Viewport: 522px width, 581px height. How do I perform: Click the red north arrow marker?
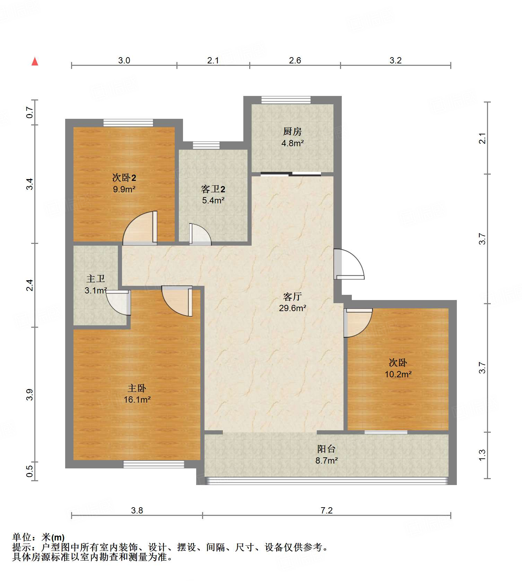pyautogui.click(x=35, y=61)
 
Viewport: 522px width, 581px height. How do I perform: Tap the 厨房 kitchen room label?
pyautogui.click(x=292, y=131)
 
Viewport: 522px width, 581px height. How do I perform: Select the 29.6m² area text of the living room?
pyautogui.click(x=292, y=308)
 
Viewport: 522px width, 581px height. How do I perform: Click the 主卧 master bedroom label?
pyautogui.click(x=137, y=388)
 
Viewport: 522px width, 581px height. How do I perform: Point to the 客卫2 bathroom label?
pyautogui.click(x=213, y=189)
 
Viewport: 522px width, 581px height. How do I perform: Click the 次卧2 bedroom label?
pyautogui.click(x=124, y=178)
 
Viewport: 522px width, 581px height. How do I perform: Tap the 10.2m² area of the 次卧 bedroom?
pyautogui.click(x=398, y=374)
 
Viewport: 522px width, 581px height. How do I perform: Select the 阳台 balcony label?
pyautogui.click(x=326, y=449)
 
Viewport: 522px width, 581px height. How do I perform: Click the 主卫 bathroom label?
pyautogui.click(x=95, y=279)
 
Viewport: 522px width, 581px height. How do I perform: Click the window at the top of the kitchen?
pyautogui.click(x=286, y=100)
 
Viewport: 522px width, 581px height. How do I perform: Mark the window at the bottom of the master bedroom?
pyautogui.click(x=154, y=464)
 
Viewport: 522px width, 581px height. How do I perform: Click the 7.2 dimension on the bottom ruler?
pyautogui.click(x=326, y=510)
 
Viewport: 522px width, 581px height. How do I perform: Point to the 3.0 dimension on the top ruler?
pyautogui.click(x=124, y=60)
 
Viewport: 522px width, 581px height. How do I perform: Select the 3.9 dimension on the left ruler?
pyautogui.click(x=30, y=395)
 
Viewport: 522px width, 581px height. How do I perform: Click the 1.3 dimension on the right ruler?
pyautogui.click(x=482, y=455)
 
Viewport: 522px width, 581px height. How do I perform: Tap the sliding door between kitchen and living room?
pyautogui.click(x=290, y=174)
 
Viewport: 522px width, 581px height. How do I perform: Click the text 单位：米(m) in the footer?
pyautogui.click(x=38, y=537)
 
